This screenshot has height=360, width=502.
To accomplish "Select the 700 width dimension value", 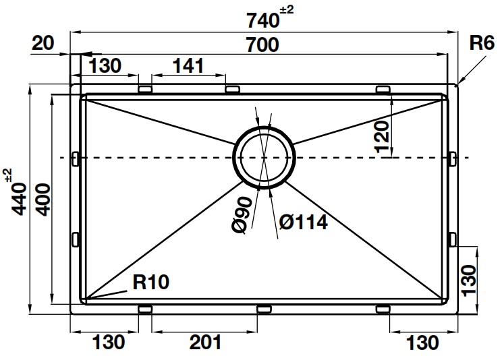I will (261, 46).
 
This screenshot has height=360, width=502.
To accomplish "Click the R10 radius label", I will (150, 282).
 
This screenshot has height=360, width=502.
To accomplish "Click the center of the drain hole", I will (263, 157).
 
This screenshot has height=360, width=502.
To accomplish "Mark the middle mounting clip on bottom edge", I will (264, 309).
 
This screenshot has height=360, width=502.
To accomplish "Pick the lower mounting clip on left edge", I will (76, 239).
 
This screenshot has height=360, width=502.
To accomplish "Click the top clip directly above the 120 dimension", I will (383, 90).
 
